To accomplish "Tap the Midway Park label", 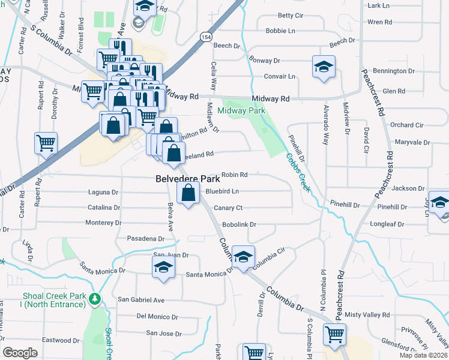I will coord(241,111).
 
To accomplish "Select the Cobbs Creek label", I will coord(298,172).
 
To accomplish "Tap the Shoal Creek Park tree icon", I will coord(94,299).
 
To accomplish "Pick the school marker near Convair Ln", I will coord(324,67).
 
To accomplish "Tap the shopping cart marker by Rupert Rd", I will coord(46,143).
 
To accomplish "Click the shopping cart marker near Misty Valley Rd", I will coord(335,334).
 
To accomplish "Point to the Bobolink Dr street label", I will coord(240,224).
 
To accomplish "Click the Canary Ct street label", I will coord(228,208).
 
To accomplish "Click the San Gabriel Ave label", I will coord(141,299).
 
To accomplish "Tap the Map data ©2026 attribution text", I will coord(425,355).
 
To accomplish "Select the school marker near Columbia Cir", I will coord(243,257).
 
